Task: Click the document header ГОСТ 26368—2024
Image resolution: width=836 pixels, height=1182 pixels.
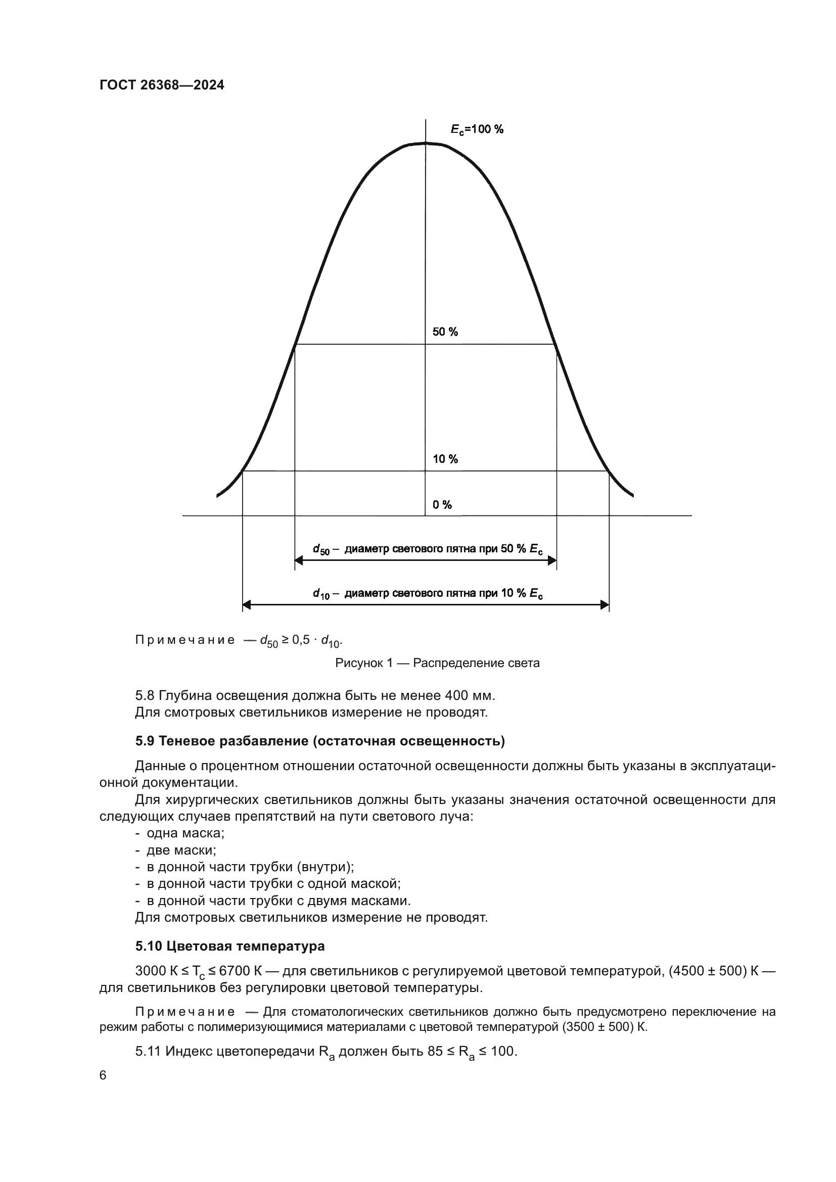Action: coord(162,85)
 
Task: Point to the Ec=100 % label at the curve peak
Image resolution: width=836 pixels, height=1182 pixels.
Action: coord(477,130)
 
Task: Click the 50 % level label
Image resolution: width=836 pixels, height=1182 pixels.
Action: coord(445,332)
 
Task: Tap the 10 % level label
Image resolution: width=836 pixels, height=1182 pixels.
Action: coord(445,459)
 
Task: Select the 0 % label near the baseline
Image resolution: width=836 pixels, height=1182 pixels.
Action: coord(442,505)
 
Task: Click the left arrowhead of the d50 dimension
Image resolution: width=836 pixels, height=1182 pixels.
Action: coord(299,560)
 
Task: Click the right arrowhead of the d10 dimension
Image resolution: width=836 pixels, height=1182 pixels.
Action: coord(605,604)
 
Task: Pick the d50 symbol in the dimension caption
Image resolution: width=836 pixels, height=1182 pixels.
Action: coord(321,549)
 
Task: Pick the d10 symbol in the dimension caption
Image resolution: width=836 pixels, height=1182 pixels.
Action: coord(321,594)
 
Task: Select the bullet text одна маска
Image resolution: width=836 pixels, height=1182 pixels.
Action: coord(185,833)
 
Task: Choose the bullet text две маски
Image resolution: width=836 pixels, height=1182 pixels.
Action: coord(181,850)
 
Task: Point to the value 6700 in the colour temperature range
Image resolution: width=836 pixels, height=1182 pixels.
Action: coord(235,971)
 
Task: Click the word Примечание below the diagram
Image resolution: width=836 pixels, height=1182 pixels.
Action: coord(185,640)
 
